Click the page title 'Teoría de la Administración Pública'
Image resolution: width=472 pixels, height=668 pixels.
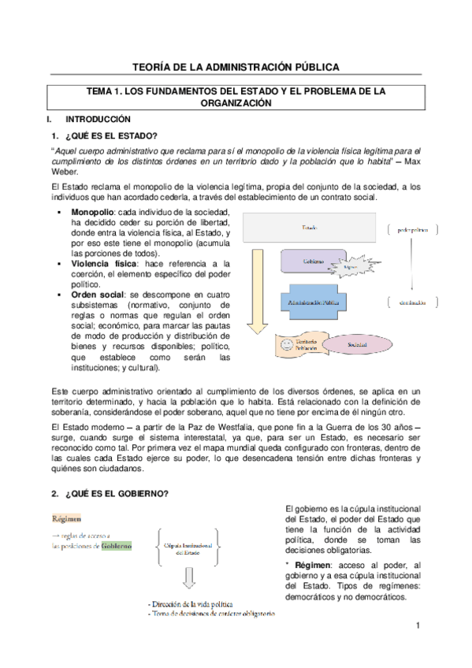236,67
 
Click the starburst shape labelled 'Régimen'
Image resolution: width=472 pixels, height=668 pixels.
350,265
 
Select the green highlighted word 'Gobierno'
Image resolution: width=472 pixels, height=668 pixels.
116,545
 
